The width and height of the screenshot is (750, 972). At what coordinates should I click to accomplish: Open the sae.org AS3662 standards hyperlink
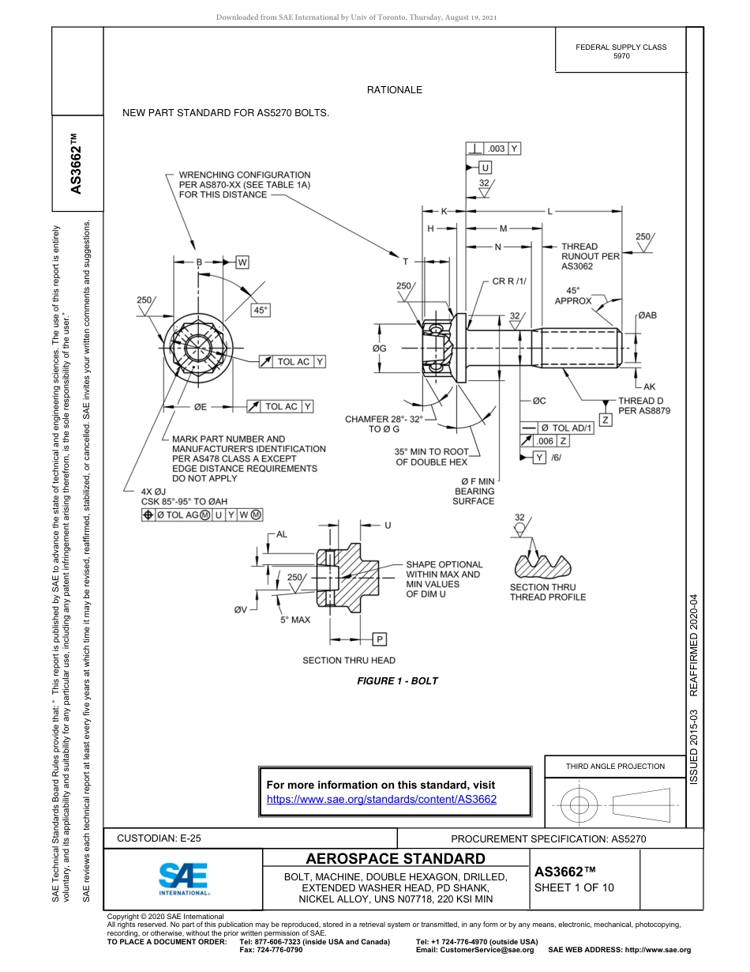[382, 799]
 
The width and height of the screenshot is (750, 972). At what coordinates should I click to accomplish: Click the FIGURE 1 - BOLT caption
[397, 680]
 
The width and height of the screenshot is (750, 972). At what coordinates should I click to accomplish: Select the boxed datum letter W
[242, 262]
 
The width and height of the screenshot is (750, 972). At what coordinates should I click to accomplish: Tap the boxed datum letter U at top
[486, 168]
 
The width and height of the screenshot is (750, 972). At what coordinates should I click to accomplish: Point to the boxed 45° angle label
[261, 311]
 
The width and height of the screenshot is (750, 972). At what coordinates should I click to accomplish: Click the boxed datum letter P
[380, 639]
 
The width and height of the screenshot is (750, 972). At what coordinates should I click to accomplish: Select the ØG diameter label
[379, 348]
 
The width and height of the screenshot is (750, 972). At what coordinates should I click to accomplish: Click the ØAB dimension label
[647, 315]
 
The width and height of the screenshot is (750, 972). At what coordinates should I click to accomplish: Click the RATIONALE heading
[395, 90]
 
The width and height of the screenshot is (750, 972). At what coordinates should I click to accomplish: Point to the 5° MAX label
[295, 620]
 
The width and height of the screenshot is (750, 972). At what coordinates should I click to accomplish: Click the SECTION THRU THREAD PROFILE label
[548, 592]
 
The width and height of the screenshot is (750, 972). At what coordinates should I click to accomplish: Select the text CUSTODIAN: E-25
[164, 838]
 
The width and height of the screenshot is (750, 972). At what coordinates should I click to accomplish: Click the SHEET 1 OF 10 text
[574, 887]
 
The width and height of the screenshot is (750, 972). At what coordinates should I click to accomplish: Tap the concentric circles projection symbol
[579, 805]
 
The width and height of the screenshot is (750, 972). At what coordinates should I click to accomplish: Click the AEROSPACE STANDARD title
[396, 858]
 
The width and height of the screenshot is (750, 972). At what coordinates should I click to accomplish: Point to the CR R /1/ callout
[509, 281]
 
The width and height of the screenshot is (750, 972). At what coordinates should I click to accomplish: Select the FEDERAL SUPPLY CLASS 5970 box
[621, 51]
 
